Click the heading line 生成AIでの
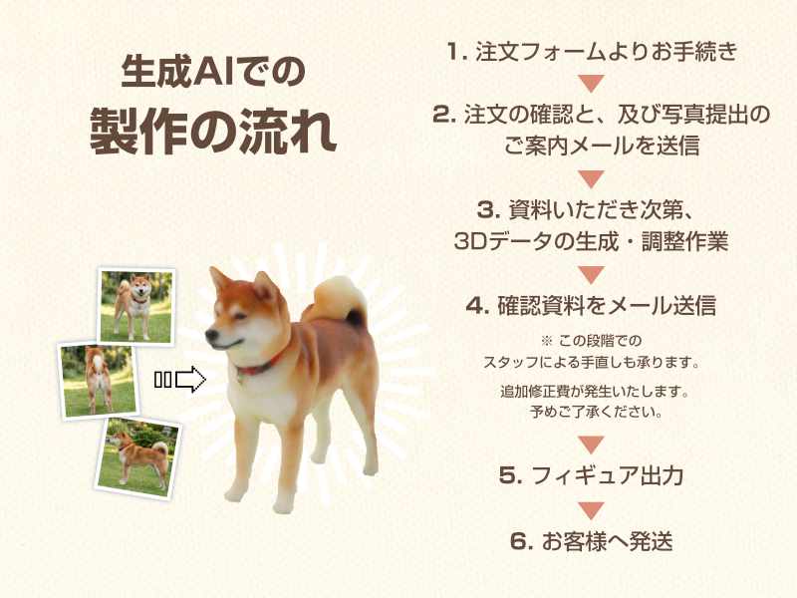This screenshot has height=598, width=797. [213, 71]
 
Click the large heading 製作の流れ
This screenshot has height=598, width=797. [213, 131]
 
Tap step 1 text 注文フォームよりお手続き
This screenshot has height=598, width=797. [607, 52]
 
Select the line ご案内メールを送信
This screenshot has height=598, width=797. [602, 146]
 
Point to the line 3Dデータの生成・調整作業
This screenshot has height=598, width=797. [591, 241]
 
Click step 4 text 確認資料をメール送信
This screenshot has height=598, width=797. [607, 306]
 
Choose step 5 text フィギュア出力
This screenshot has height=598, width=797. [607, 475]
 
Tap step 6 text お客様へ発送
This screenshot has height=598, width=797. [607, 540]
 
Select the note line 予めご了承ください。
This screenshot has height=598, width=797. [596, 412]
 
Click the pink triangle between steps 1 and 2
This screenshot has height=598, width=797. [591, 83]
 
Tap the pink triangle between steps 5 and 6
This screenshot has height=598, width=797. [591, 510]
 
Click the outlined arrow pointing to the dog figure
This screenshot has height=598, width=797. [190, 380]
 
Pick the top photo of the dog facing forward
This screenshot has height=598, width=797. [136, 306]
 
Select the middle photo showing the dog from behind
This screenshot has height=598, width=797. [99, 381]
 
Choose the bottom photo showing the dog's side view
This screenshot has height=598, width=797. [138, 458]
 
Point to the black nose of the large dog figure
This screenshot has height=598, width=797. [210, 335]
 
